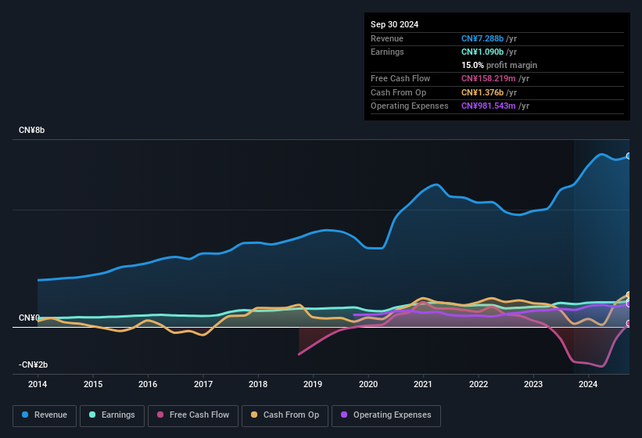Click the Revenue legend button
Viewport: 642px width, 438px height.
point(45,415)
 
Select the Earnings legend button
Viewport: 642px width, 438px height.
point(112,415)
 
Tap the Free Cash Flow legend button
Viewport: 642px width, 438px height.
point(193,415)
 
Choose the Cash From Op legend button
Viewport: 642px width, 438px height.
point(285,415)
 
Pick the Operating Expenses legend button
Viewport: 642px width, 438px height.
point(386,415)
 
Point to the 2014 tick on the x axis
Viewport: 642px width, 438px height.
point(38,384)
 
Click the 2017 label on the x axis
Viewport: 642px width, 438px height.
point(203,384)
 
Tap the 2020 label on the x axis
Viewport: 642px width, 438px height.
point(368,384)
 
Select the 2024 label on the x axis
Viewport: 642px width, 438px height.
point(589,384)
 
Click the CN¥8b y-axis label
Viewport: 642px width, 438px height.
point(32,130)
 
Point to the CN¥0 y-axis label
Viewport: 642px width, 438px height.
point(29,318)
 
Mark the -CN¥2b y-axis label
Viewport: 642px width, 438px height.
point(34,365)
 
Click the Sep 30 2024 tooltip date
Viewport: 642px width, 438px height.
point(394,24)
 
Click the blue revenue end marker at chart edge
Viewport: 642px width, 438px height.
point(628,156)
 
